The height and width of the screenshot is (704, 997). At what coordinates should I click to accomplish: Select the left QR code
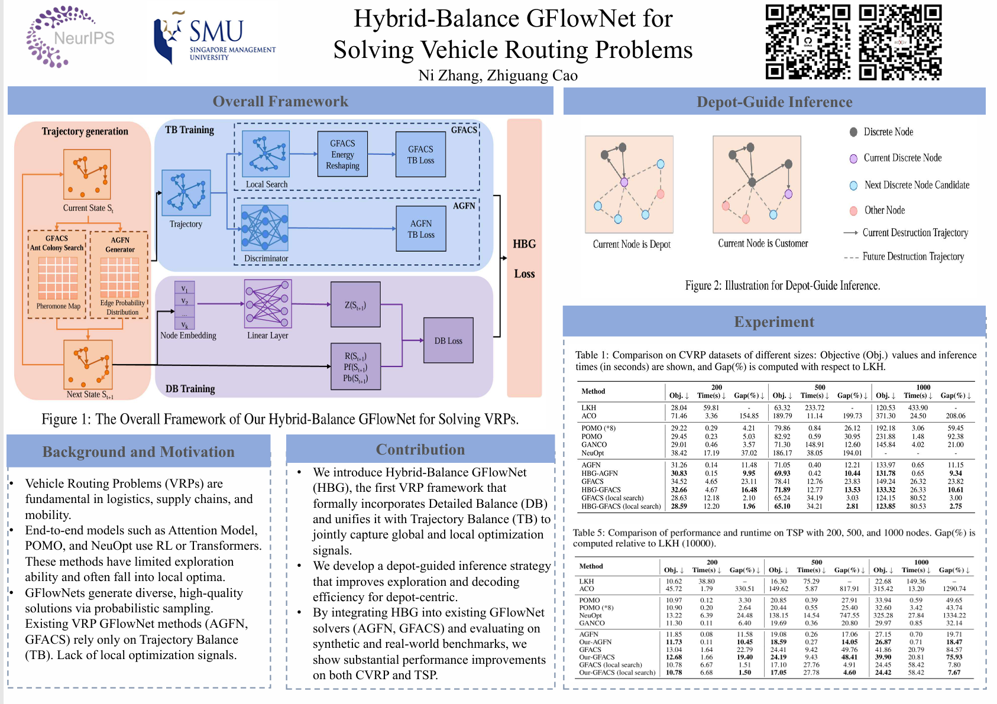(x=808, y=42)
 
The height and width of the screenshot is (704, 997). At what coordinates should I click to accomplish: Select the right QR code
(x=900, y=42)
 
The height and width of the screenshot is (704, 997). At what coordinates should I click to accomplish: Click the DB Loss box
(x=448, y=340)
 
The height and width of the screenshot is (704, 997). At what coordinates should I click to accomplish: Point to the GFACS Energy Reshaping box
(x=342, y=154)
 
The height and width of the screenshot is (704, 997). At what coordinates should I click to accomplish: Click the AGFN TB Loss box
(x=420, y=229)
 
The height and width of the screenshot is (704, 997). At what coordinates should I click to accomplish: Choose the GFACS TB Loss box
(x=420, y=154)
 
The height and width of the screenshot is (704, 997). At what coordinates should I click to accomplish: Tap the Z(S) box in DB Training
(x=355, y=305)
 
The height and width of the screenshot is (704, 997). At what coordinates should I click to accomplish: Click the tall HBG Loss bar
(x=524, y=258)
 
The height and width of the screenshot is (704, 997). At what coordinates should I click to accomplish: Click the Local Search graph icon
(x=266, y=154)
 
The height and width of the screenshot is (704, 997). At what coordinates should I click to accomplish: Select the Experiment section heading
(x=773, y=322)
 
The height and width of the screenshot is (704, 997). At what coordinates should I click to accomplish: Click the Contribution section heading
(x=420, y=449)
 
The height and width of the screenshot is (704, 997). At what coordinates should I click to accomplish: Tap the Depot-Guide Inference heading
(x=774, y=102)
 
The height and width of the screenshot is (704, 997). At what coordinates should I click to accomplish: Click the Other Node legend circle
(x=853, y=211)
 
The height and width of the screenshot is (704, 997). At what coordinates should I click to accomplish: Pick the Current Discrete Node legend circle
(x=853, y=158)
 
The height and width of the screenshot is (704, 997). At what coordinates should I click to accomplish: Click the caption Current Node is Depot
(x=632, y=244)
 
